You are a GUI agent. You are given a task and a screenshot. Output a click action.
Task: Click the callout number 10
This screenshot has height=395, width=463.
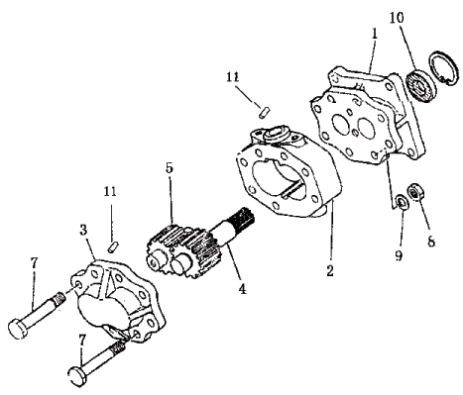(x=397, y=17)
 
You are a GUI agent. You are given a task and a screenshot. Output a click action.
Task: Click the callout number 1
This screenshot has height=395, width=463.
(x=374, y=34)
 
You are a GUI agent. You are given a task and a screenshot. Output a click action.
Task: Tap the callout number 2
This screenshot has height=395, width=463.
(x=330, y=270)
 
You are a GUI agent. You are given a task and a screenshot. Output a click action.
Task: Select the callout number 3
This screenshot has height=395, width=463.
(x=83, y=230)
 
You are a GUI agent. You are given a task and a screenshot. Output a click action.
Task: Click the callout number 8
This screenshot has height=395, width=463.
(x=431, y=242)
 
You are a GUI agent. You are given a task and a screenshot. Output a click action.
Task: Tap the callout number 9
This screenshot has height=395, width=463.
(x=399, y=254)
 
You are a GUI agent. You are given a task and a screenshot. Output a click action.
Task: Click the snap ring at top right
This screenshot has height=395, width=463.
(x=443, y=68)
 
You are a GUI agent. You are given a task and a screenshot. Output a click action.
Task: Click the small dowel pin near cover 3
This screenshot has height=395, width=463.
(x=113, y=247)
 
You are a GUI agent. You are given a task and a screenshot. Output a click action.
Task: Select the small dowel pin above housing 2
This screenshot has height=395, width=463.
(x=265, y=112)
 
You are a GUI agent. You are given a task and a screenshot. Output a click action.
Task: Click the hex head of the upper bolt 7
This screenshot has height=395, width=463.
(x=17, y=329)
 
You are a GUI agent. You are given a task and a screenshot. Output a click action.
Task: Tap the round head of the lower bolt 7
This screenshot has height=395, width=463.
(x=78, y=375)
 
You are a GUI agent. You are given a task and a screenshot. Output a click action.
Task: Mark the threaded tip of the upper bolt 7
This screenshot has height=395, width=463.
(x=58, y=297)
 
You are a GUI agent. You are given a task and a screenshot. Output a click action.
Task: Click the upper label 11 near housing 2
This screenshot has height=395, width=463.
(x=232, y=77)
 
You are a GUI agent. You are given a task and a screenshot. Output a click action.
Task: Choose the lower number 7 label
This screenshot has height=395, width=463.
(x=81, y=340)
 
